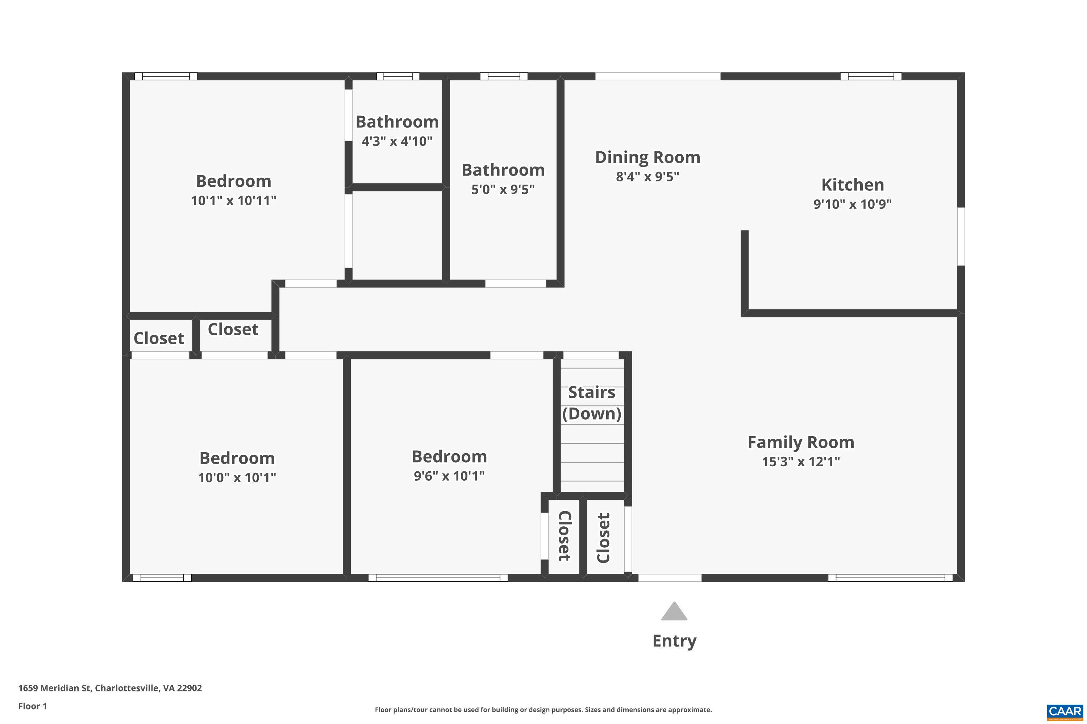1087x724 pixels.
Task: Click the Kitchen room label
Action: coord(852,185)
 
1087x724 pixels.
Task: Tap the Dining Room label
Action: coord(647,157)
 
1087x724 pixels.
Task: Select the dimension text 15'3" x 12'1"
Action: coord(800,461)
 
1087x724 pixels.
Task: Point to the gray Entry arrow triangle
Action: coord(674,612)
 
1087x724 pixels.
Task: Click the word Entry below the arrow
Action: coord(674,641)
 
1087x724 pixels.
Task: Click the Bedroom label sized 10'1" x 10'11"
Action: coord(233,181)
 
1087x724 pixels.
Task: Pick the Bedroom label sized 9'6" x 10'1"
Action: coord(449,456)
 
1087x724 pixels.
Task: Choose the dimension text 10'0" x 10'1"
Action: coord(237,477)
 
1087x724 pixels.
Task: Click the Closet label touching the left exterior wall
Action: coord(159,338)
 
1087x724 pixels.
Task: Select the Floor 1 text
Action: coord(32,706)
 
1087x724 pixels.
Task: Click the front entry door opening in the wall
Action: coord(669,578)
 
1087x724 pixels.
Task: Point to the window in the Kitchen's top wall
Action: coord(870,76)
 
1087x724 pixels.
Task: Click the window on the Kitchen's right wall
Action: coord(961,236)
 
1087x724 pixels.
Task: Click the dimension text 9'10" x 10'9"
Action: coord(852,204)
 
